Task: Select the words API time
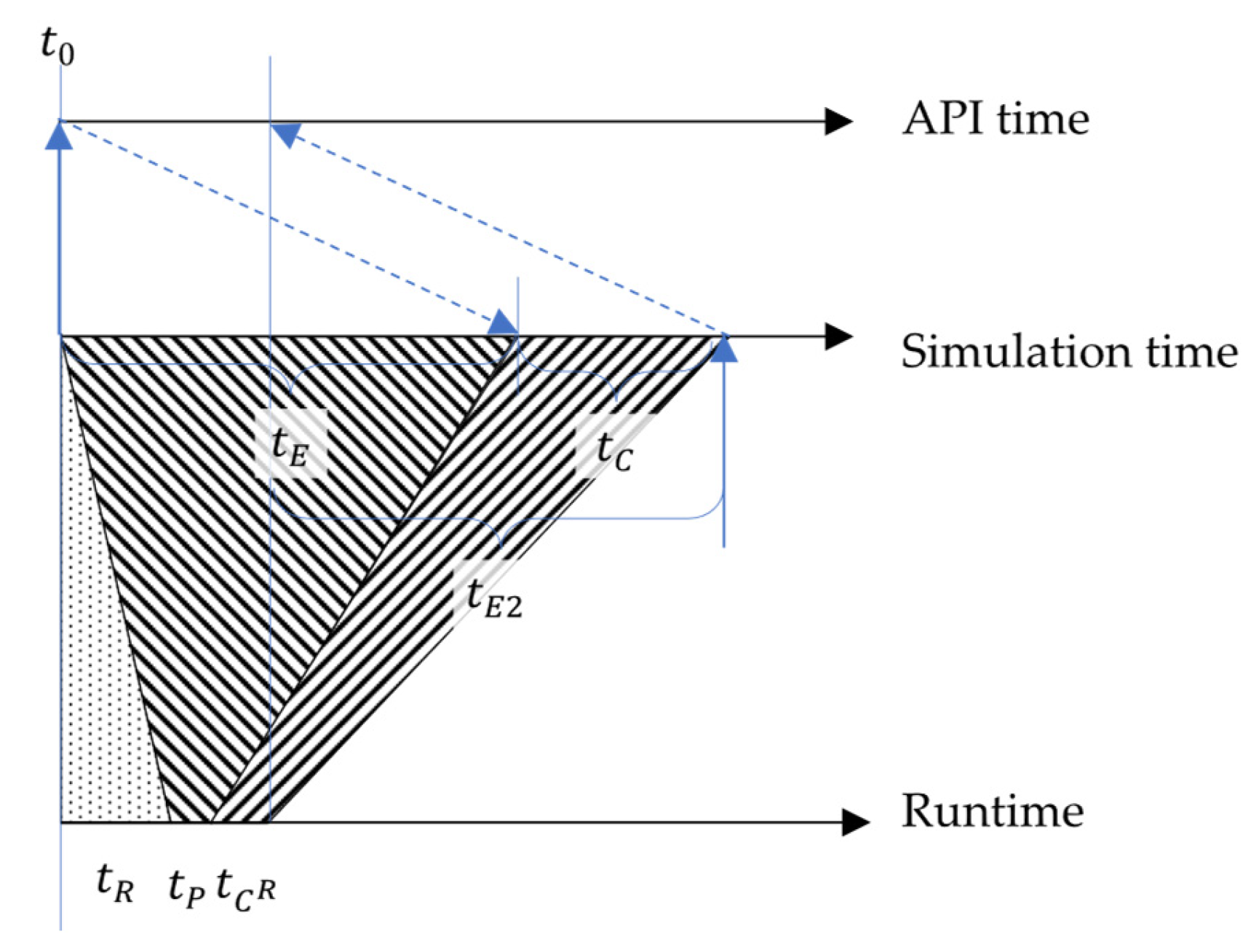995,119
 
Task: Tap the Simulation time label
1068,352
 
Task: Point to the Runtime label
992,811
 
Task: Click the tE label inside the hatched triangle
290,445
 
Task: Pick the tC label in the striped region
614,451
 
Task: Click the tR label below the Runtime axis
115,884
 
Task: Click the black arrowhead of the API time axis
838,121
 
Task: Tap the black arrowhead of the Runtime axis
854,822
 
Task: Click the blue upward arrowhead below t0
59,136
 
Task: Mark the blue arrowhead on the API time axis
286,134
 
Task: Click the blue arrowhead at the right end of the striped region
723,348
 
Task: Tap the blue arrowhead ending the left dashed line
502,323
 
